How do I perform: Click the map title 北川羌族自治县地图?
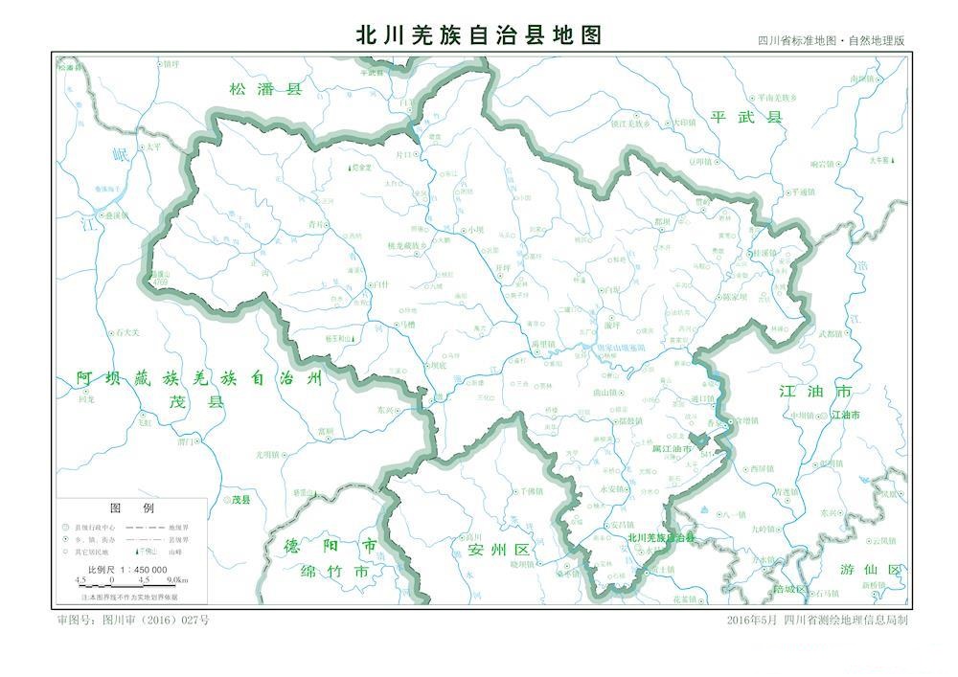pyautogui.click(x=478, y=35)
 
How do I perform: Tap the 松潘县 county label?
pyautogui.click(x=265, y=89)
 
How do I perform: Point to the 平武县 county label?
pyautogui.click(x=747, y=117)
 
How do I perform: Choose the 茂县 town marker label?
pyautogui.click(x=238, y=500)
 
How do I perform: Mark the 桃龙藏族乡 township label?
pyautogui.click(x=407, y=246)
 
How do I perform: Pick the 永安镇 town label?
pyautogui.click(x=611, y=488)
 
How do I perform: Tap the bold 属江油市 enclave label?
pyautogui.click(x=672, y=448)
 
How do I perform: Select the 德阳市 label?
pyautogui.click(x=316, y=546)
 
